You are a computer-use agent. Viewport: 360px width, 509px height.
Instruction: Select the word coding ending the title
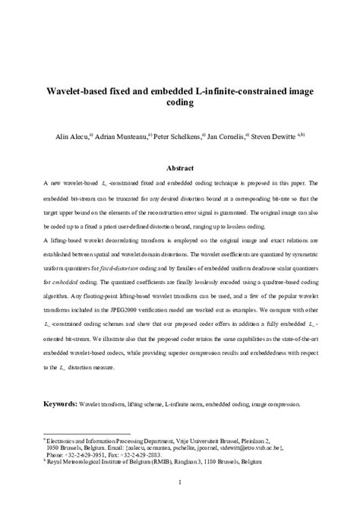(179, 104)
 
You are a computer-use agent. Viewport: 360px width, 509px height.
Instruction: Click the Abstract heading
(179, 168)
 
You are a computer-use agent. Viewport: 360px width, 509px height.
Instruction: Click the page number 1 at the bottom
(180, 481)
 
